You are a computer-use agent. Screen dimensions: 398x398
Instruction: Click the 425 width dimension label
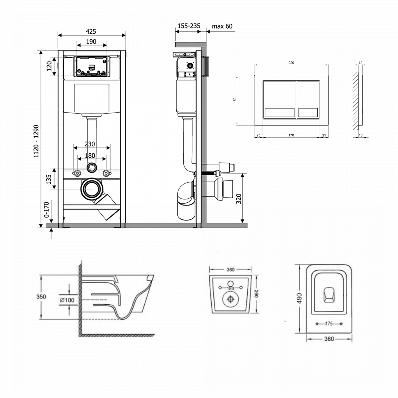91,31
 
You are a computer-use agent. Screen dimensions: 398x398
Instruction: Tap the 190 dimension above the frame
91,42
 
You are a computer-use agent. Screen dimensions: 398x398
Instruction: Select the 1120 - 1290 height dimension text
36,141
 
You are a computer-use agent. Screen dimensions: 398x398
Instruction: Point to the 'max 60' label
222,26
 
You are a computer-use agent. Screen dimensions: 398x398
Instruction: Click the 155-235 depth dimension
189,26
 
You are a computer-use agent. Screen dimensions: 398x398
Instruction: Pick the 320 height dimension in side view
239,199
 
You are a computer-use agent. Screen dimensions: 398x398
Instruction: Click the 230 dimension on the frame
90,144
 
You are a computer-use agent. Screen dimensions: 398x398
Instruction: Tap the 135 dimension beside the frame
49,179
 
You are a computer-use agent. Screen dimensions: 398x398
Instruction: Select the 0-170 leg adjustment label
47,210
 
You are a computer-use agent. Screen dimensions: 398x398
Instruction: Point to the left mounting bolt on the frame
77,173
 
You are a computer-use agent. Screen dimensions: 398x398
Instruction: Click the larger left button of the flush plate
279,99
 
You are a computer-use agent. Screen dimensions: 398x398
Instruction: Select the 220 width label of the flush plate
291,63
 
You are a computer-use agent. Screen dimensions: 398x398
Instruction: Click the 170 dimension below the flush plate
291,135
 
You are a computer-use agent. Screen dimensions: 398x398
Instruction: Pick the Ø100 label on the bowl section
67,300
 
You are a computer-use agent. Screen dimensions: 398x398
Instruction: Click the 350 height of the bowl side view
41,297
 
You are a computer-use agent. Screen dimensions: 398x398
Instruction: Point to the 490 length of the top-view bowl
299,298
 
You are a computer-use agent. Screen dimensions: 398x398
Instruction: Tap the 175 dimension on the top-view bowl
329,324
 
